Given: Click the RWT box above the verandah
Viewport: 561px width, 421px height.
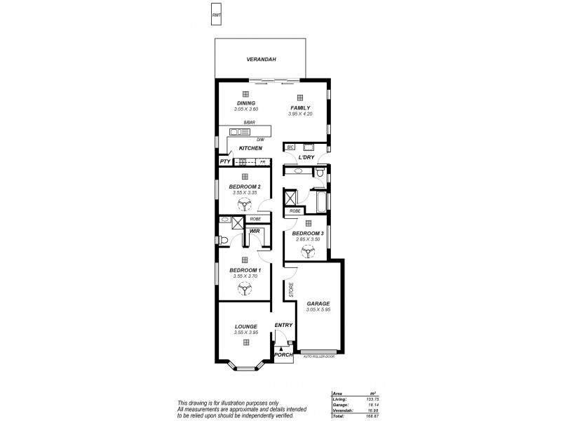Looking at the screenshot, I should click(216, 14).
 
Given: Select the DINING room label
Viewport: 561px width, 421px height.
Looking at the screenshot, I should click(245, 103).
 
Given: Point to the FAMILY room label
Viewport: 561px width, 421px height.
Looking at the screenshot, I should click(301, 107).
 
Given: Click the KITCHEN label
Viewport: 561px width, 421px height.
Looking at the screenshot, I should click(250, 148).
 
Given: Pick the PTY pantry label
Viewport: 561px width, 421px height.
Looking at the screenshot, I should click(225, 161).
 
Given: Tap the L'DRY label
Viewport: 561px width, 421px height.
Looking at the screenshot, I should click(306, 157).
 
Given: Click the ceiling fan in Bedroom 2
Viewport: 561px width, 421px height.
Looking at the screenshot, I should click(245, 205).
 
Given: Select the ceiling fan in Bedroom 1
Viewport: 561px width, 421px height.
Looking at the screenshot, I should click(245, 288).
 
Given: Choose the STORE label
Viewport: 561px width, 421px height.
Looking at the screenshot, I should click(290, 289).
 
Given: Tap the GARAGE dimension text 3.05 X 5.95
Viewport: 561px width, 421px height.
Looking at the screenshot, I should click(318, 309).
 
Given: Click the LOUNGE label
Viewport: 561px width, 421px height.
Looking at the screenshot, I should click(245, 326).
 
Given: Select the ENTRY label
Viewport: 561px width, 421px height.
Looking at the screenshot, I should click(283, 325).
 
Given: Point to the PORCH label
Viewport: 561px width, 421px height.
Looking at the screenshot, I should click(283, 355).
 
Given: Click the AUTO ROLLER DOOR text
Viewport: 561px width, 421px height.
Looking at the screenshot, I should click(318, 357).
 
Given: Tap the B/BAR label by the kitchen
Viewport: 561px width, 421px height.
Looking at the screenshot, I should click(249, 123).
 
